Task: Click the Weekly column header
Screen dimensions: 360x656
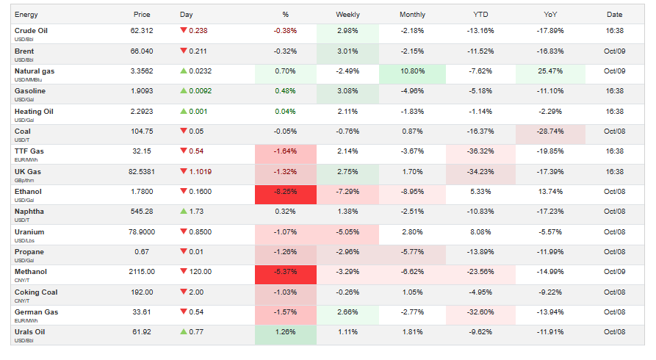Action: [347, 15]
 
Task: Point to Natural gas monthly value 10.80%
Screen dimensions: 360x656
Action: [412, 71]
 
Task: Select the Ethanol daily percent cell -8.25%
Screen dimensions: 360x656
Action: [285, 192]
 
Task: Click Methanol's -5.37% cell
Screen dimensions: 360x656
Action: [285, 272]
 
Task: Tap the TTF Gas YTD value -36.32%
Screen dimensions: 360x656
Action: [481, 151]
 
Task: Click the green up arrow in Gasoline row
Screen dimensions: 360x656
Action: [184, 91]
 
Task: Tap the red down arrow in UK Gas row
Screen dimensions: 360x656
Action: [184, 172]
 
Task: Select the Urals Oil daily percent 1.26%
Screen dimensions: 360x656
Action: [285, 332]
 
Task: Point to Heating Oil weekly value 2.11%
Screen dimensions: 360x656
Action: [347, 112]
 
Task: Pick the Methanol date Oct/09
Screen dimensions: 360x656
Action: [614, 272]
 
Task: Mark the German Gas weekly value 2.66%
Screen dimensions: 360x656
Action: [347, 312]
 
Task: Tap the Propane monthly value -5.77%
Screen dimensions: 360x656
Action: [412, 252]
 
